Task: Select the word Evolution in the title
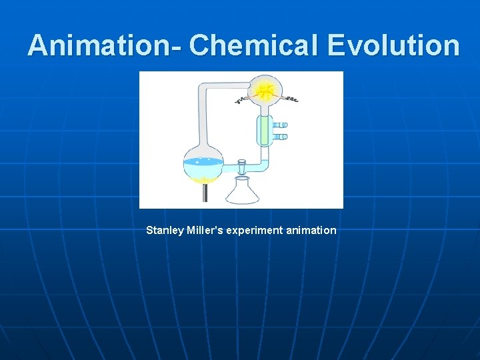click(393, 46)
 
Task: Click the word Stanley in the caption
click(164, 231)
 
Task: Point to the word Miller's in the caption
click(205, 231)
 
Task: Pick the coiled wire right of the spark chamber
click(291, 99)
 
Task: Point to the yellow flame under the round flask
click(203, 181)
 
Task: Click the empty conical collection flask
click(241, 192)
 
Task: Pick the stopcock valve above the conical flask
click(241, 163)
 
